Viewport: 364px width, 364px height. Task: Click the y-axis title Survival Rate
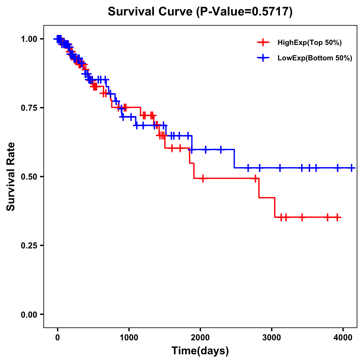tap(11, 176)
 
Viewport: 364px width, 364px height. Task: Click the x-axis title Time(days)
tap(200, 351)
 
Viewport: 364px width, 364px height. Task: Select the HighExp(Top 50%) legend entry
tap(309, 43)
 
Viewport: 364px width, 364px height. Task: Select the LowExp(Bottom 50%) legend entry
tap(315, 58)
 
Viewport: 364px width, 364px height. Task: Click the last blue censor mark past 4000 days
tap(352, 168)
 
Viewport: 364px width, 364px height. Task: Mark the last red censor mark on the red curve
tap(337, 217)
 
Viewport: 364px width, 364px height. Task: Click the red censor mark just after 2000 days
tap(203, 178)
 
